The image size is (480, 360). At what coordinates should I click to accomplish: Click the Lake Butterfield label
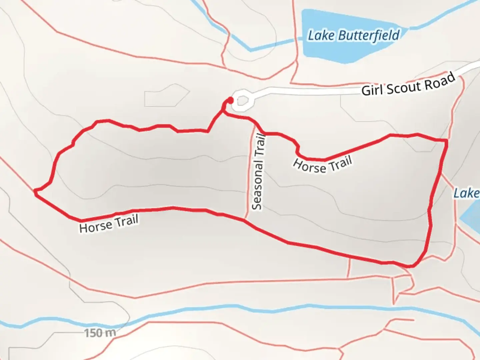click(353, 35)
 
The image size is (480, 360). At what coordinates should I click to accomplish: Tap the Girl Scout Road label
click(408, 85)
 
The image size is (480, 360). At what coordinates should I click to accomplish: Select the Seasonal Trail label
click(258, 172)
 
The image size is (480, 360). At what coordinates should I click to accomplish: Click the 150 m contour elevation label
click(100, 333)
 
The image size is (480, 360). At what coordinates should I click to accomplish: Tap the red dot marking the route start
click(230, 100)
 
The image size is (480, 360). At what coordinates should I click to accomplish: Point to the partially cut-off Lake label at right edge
click(467, 193)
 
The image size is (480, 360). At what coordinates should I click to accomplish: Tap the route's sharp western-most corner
click(35, 191)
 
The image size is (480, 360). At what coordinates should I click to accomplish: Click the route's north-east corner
click(446, 141)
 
